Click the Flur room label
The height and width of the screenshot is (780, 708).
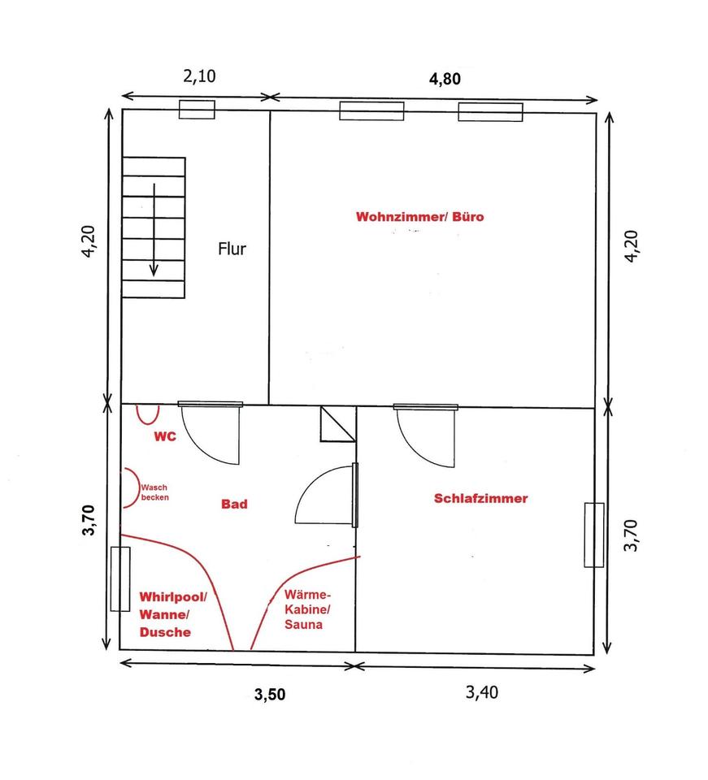click(232, 249)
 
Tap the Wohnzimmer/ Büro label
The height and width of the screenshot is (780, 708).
click(420, 217)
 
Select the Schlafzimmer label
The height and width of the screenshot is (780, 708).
click(480, 498)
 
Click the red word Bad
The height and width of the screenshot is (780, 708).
click(234, 505)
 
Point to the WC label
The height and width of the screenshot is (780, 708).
click(165, 436)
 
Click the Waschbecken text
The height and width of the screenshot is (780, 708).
click(154, 492)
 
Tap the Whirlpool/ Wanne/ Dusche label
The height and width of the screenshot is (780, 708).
click(172, 614)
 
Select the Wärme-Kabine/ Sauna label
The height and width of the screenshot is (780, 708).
click(307, 609)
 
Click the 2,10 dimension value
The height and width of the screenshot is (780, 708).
click(199, 76)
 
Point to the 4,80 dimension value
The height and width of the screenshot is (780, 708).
click(445, 79)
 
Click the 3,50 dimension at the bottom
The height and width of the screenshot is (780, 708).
click(270, 694)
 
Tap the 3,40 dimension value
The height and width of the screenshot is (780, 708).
click(482, 692)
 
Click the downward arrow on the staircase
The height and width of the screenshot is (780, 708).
click(154, 230)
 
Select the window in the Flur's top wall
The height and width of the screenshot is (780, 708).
click(197, 110)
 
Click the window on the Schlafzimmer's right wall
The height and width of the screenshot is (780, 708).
click(594, 535)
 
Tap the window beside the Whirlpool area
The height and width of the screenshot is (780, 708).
click(120, 579)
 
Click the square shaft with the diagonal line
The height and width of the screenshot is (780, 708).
click(338, 424)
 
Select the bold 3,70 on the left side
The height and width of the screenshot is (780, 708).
click(88, 520)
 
